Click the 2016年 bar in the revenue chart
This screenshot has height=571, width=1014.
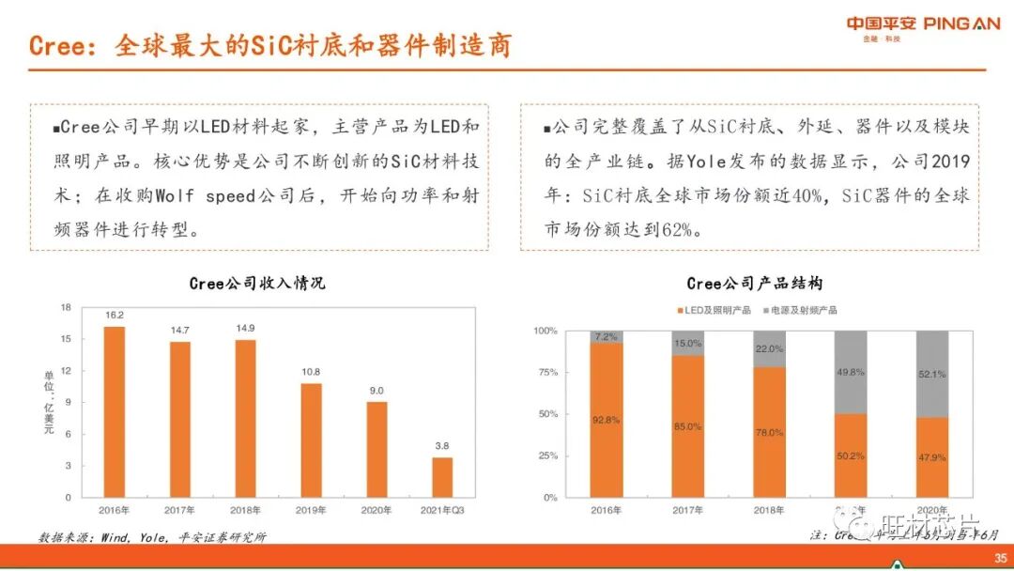114,411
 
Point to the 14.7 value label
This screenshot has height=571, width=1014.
180,331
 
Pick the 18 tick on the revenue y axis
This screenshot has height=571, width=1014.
66,307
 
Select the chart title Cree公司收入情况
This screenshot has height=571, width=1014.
257,283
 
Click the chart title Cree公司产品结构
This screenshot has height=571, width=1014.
755,283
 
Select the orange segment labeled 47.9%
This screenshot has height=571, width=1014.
932,457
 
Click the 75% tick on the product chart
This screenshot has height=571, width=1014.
546,372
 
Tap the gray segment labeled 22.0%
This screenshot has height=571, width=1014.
769,348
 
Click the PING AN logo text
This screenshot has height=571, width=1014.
961,23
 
